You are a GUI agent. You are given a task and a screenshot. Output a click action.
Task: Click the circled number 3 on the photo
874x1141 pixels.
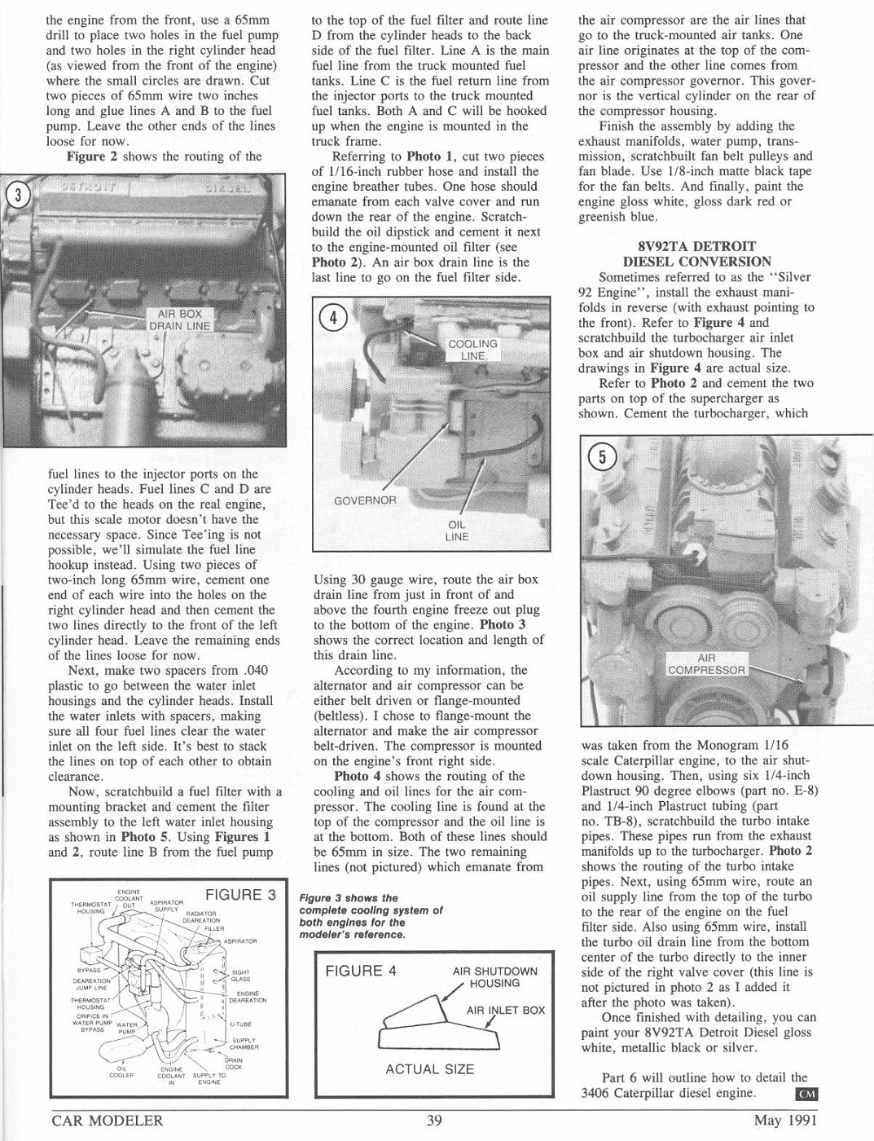click(18, 196)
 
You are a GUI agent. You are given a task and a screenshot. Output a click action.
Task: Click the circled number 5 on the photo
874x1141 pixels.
click(602, 457)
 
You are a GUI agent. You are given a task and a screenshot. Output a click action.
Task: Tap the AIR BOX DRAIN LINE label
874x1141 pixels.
click(179, 319)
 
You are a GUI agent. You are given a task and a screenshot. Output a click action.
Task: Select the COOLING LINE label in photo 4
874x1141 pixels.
click(472, 350)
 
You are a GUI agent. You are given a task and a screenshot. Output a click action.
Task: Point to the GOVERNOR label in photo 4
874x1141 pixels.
click(365, 500)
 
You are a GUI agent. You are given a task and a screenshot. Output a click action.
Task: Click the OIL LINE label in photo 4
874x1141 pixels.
click(456, 531)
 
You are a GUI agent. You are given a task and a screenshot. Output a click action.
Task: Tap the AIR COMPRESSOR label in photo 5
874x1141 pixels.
click(706, 664)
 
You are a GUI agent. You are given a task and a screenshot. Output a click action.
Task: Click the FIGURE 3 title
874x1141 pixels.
click(240, 895)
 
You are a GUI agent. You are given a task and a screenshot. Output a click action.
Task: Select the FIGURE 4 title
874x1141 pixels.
click(360, 971)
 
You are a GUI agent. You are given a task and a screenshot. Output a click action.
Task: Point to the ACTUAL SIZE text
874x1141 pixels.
click(429, 1069)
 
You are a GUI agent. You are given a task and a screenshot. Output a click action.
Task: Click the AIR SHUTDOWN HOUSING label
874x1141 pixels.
click(494, 977)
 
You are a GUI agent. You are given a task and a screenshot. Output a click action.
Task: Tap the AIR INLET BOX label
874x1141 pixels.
click(505, 1011)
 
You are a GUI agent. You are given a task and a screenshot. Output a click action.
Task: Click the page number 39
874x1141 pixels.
click(434, 1121)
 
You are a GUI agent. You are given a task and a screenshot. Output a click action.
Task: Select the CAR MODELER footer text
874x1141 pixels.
click(107, 1121)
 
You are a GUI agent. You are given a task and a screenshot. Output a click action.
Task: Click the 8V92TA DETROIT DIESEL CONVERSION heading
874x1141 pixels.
click(696, 253)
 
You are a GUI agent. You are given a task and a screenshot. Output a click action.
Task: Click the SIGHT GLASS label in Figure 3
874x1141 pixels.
click(241, 976)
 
